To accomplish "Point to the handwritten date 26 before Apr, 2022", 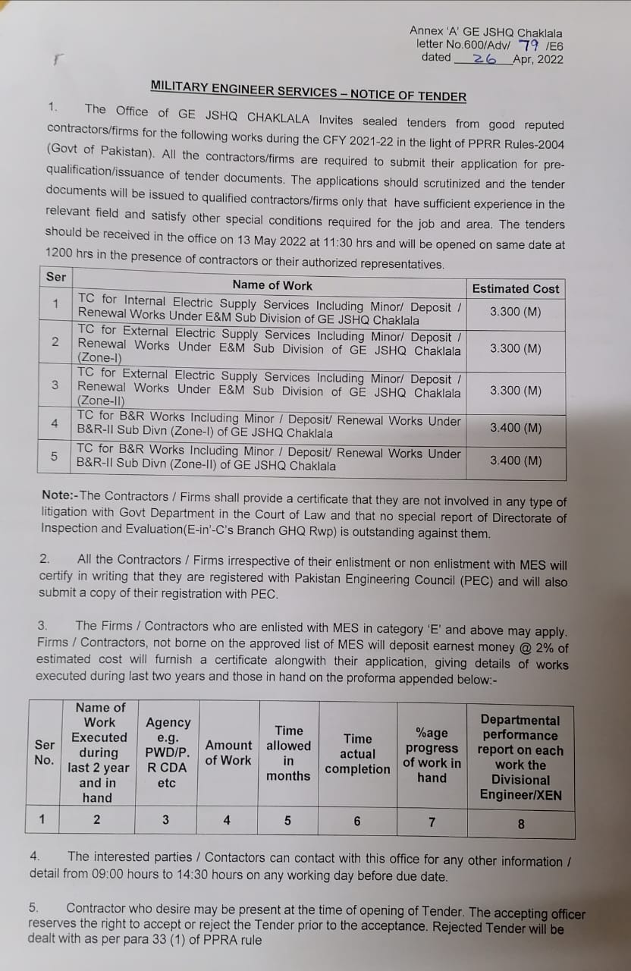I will [484, 58].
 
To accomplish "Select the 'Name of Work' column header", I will [272, 285].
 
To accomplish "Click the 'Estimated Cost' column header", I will [515, 288].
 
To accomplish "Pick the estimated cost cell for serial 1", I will [515, 312].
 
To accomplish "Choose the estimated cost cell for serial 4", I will [515, 428].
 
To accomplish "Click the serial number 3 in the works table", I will [55, 385].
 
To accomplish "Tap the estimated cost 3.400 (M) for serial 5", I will [515, 460].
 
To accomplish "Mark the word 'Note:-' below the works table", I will [61, 496].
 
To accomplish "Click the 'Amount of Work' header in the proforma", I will [228, 753].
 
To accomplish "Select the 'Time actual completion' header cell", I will [357, 753].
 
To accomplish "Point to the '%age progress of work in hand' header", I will [432, 755].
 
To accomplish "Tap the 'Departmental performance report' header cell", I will [520, 757].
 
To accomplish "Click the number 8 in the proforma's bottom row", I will [521, 823].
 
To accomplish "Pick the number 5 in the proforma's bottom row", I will [288, 820].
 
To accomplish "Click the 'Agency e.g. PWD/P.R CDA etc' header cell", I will [168, 753].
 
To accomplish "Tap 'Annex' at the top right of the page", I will [426, 31].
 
